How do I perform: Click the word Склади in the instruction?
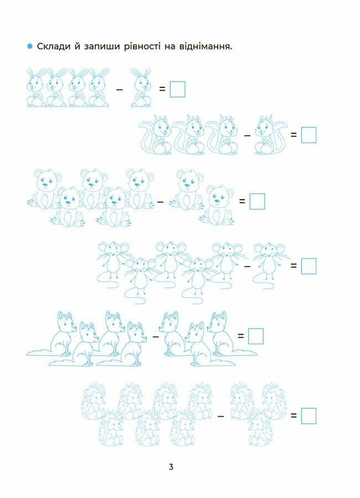pyautogui.click(x=53, y=46)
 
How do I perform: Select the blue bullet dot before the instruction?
pyautogui.click(x=30, y=46)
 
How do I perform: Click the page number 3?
pyautogui.click(x=171, y=467)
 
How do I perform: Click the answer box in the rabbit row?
pyautogui.click(x=177, y=89)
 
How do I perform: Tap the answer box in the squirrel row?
pyautogui.click(x=308, y=135)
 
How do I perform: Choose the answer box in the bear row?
pyautogui.click(x=257, y=201)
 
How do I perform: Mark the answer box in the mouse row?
pyautogui.click(x=308, y=266)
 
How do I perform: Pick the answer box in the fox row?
pyautogui.click(x=256, y=336)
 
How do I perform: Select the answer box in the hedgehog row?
pyautogui.click(x=308, y=416)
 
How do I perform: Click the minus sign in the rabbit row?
pyautogui.click(x=119, y=90)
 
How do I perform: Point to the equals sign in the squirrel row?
pyautogui.click(x=293, y=134)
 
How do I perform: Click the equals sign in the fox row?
pyautogui.click(x=241, y=335)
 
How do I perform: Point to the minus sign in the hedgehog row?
pyautogui.click(x=220, y=416)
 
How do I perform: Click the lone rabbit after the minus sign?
pyautogui.click(x=141, y=87)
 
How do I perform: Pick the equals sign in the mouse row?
pyautogui.click(x=293, y=266)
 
